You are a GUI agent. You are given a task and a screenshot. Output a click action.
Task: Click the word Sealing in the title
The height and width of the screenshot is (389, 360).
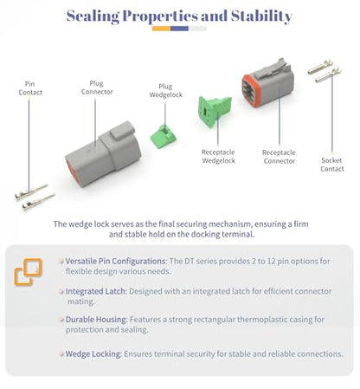point(93,16)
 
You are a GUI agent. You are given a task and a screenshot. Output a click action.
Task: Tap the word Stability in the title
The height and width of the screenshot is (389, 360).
point(261,16)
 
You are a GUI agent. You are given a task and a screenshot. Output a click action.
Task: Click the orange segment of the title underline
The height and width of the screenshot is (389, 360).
point(161,29)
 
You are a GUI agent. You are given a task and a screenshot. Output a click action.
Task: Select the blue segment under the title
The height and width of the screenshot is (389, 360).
point(179,29)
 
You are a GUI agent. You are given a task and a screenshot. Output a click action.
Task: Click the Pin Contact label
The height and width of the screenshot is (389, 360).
point(30,88)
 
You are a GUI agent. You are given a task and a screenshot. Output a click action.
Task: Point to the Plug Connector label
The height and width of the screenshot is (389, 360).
point(97,88)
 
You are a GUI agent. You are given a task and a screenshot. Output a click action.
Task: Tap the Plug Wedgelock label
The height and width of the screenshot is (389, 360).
point(165,90)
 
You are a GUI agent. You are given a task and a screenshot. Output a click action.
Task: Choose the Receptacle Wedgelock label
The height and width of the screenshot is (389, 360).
point(218,156)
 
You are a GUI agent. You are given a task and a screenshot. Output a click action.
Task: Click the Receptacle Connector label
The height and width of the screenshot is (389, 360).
point(279,157)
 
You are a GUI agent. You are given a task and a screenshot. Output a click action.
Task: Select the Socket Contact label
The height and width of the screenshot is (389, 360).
point(332,165)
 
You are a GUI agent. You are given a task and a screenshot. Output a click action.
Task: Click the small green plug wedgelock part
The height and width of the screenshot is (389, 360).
point(163,137)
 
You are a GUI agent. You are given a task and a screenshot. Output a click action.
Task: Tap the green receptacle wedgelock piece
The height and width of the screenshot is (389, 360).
point(214,112)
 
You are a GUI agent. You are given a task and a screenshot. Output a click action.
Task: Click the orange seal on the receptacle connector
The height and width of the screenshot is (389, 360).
point(248,91)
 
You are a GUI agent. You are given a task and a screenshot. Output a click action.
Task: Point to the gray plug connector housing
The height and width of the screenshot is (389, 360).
point(103,154)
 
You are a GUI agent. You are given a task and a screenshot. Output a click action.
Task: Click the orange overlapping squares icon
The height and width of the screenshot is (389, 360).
point(28,272)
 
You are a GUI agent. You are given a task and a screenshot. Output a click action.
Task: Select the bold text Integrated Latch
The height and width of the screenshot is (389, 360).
point(96,291)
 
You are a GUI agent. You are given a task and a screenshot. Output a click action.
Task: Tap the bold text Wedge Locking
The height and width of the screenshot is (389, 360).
point(93,353)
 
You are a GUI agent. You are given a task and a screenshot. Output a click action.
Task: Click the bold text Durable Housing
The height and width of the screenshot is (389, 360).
point(96,320)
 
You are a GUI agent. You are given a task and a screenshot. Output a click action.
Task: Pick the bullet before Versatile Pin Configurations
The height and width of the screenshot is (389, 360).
point(61,261)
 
